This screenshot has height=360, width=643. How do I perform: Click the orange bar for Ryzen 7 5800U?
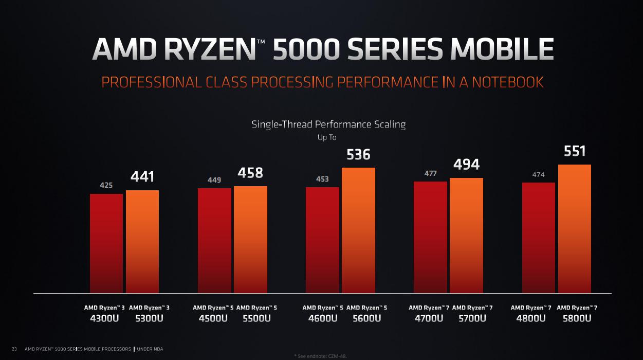[575, 229]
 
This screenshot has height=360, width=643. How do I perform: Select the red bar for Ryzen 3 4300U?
[106, 243]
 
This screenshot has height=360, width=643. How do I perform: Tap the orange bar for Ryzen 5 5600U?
[358, 230]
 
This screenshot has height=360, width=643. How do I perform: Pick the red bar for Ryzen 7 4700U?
[430, 237]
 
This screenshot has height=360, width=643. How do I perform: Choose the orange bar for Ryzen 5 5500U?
[250, 240]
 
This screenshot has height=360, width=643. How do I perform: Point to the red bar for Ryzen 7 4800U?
[539, 238]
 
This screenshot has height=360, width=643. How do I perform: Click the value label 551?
[575, 151]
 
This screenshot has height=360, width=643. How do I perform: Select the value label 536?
[358, 154]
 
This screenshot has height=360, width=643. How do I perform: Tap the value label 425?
[106, 185]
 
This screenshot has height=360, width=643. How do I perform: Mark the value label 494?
[466, 165]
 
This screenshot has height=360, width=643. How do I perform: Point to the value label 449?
[214, 180]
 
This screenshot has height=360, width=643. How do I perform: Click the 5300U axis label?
[149, 318]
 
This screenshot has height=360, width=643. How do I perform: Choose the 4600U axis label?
[323, 318]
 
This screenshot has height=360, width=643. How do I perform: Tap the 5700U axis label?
[472, 318]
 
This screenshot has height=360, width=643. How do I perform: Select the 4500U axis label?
[213, 318]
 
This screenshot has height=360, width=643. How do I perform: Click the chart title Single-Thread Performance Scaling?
[328, 124]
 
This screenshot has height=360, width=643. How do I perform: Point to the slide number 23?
[14, 349]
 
